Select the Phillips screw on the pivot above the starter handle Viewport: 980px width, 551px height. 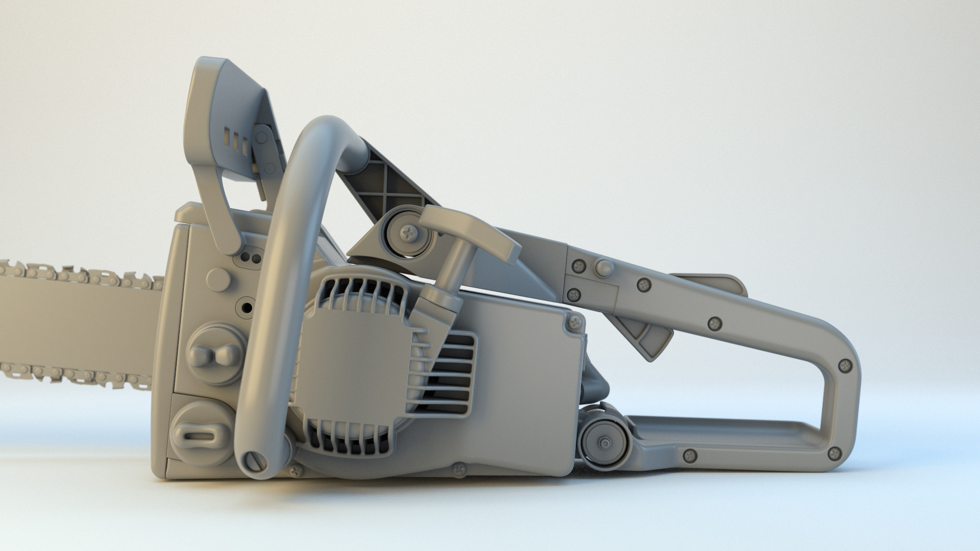pyautogui.click(x=409, y=233)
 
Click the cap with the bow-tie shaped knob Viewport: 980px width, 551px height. pyautogui.click(x=214, y=354)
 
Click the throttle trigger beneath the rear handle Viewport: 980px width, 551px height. pyautogui.click(x=646, y=334)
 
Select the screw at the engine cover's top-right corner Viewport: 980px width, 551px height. pyautogui.click(x=576, y=321)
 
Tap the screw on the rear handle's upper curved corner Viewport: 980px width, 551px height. pyautogui.click(x=845, y=364)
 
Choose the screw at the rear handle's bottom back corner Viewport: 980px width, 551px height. pyautogui.click(x=835, y=452)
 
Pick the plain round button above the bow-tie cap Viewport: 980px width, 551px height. pyautogui.click(x=219, y=279)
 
